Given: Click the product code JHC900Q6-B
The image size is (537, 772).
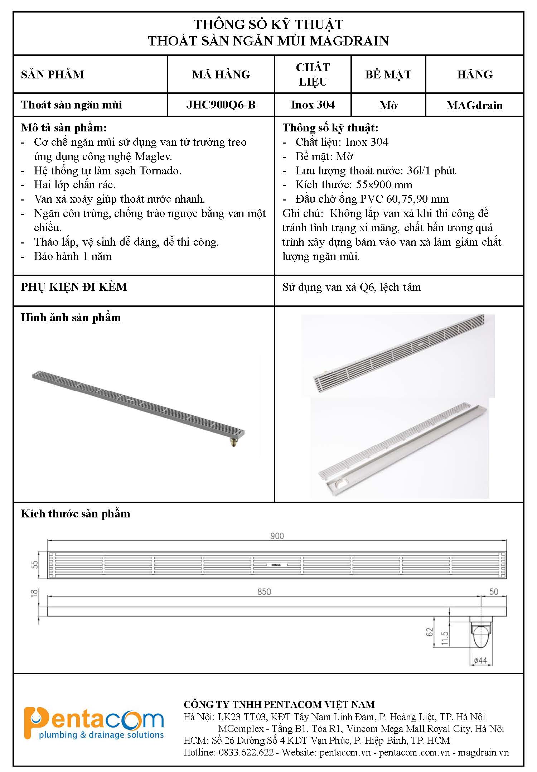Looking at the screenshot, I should click(x=221, y=105).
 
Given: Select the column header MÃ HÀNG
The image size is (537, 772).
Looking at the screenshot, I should click(x=221, y=74).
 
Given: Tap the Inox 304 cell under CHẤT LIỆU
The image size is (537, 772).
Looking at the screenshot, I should click(x=313, y=105).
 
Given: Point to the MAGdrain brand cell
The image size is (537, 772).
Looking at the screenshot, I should click(x=474, y=105).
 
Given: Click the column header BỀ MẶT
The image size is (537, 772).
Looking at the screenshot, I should click(x=388, y=74).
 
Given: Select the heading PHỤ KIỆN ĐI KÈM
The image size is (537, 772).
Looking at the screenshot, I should click(x=74, y=287).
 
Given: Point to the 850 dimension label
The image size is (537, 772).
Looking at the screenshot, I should click(x=264, y=592).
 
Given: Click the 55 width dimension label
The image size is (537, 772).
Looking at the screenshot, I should click(x=35, y=565).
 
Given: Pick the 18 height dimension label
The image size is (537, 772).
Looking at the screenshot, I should click(x=35, y=593).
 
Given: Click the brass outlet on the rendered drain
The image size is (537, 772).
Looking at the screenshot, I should click(x=233, y=443).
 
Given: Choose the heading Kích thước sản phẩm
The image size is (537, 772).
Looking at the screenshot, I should click(x=76, y=514).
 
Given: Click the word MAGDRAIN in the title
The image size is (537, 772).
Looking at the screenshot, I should click(x=349, y=41).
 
